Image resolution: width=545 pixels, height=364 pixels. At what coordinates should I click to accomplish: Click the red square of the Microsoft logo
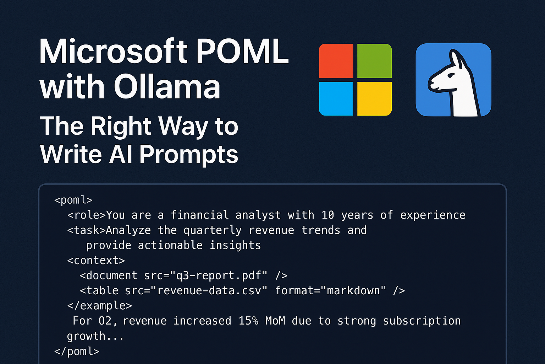(x=336, y=61)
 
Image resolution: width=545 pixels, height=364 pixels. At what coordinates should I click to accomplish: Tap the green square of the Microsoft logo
(x=374, y=61)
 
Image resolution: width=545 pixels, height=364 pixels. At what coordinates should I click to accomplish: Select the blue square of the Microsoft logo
(x=336, y=99)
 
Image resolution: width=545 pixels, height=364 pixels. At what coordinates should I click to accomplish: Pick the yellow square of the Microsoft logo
(x=374, y=99)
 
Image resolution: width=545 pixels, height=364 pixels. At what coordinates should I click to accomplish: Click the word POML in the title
(x=242, y=52)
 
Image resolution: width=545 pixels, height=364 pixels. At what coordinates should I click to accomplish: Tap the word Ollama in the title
(x=167, y=87)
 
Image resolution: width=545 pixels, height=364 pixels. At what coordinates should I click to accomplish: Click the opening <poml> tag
(x=73, y=200)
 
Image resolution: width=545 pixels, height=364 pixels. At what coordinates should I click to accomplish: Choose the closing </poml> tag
(x=77, y=352)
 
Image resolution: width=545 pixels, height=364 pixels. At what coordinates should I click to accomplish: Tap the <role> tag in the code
(x=87, y=215)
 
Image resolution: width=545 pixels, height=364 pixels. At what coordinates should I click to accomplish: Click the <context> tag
(x=96, y=261)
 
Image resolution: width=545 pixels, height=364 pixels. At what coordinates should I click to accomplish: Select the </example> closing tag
(x=99, y=306)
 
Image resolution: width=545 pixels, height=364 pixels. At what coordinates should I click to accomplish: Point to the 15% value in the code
(x=248, y=321)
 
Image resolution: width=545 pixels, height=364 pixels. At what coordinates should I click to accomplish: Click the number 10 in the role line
(x=328, y=215)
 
